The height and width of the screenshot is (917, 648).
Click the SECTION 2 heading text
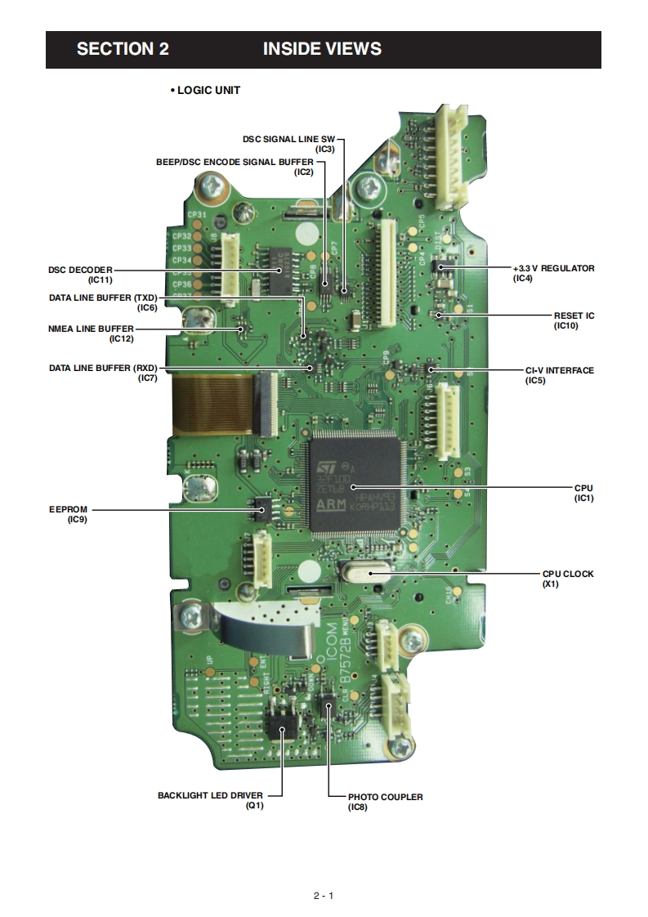click(123, 49)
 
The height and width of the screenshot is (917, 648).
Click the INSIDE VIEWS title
click(322, 49)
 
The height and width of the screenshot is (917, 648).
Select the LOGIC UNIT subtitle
click(205, 90)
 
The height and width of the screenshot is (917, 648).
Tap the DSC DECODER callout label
click(80, 269)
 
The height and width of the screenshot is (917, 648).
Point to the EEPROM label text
click(65, 509)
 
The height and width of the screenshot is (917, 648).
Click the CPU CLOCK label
click(568, 574)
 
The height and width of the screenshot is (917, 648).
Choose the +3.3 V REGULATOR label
click(553, 268)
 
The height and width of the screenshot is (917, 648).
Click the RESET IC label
click(574, 315)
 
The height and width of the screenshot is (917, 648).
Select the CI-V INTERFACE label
click(559, 370)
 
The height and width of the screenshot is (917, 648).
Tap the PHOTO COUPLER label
click(385, 797)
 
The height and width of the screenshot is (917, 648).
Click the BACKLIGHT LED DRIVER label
click(211, 794)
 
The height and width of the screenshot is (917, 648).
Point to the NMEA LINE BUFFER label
click(91, 329)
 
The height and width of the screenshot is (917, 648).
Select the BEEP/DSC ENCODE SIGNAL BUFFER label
click(235, 162)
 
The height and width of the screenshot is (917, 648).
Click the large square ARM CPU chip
click(358, 481)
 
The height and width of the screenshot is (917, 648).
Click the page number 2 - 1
click(324, 895)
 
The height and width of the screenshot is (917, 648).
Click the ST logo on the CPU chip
click(326, 466)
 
